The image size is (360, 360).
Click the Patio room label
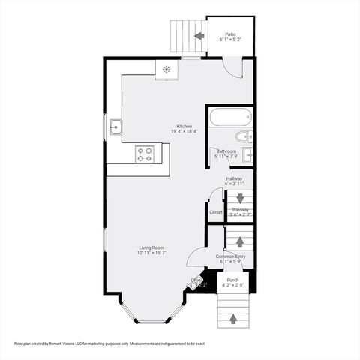click(230, 34)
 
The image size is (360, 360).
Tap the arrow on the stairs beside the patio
click(199, 35)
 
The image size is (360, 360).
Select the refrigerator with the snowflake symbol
click(166, 70)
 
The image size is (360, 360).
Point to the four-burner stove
click(144, 154)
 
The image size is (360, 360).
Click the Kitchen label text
click(184, 126)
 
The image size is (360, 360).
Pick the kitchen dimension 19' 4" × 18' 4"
click(184, 132)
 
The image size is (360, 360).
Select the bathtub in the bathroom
click(229, 118)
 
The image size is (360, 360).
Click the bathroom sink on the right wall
click(248, 154)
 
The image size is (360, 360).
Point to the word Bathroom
click(226, 151)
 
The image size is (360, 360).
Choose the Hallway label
click(235, 178)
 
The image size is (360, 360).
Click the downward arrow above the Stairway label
click(240, 198)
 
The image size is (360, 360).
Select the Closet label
click(216, 212)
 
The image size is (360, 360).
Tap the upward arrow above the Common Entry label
click(239, 241)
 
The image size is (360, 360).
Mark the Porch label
click(233, 280)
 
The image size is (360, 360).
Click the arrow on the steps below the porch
click(232, 319)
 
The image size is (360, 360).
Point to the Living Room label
click(151, 247)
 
